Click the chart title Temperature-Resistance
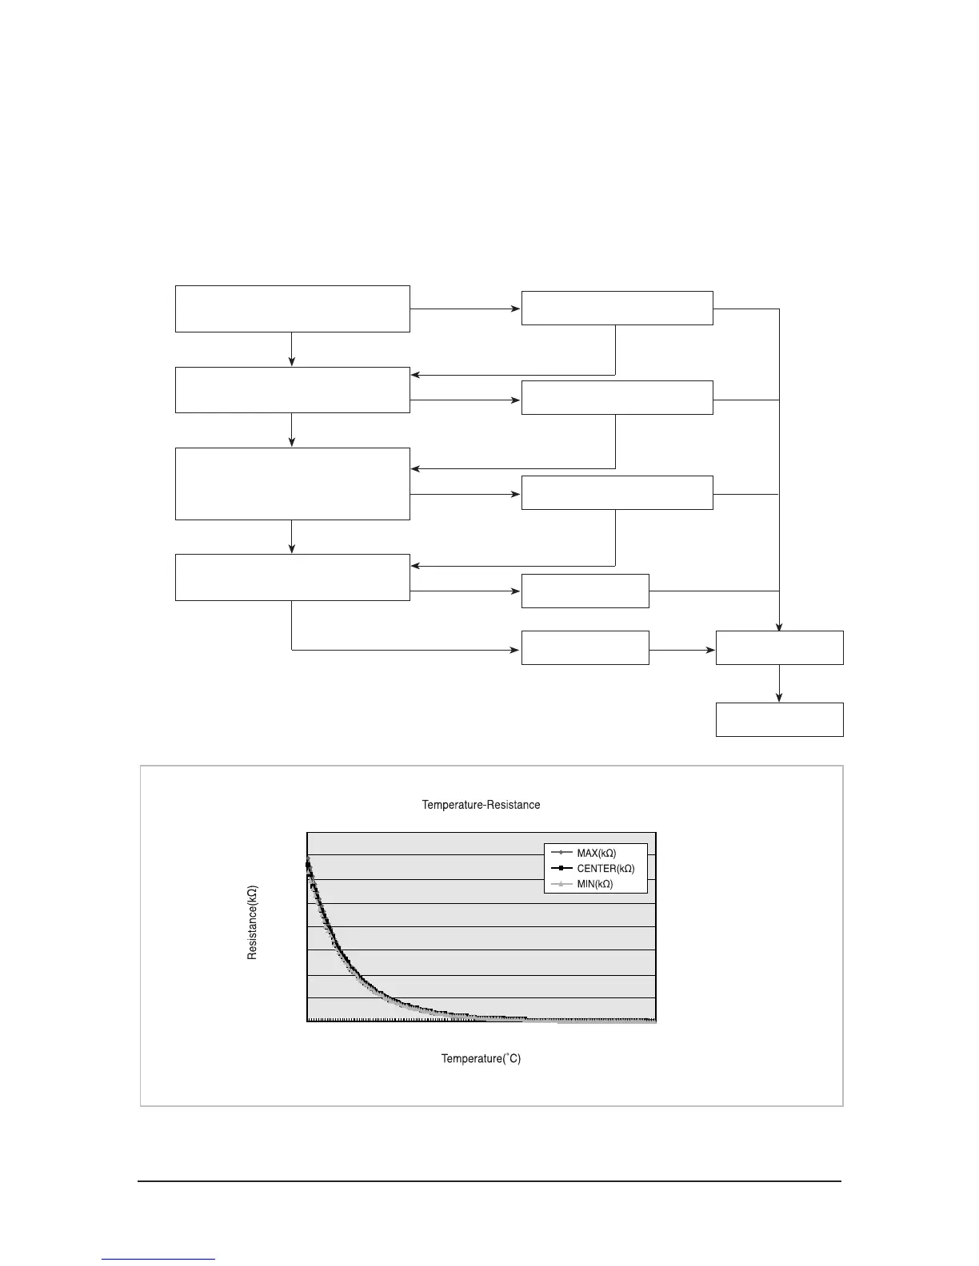481,805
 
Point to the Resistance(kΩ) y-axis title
252,922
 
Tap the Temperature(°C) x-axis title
481,1058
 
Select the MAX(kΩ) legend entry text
596,854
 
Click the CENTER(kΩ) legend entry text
605,869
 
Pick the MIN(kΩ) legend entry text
594,884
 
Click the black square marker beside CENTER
562,869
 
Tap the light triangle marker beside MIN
562,884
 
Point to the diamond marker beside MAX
562,854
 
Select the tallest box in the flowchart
292,484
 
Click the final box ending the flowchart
779,719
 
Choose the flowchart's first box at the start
292,309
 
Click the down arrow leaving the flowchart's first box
292,359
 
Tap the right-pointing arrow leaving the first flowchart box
515,309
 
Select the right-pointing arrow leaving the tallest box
515,495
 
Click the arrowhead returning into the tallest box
416,468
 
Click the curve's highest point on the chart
308,858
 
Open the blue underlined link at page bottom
158,1259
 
